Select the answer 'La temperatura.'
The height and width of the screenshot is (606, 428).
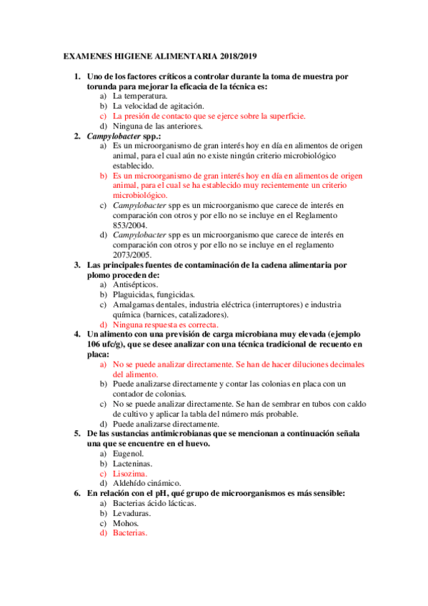pos(140,96)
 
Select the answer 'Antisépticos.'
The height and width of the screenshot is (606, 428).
pos(136,284)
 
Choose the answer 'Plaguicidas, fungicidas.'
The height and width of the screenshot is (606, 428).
pos(154,294)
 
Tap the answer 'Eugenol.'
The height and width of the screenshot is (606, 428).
pos(129,454)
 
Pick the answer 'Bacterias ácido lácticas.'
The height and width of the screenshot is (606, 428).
pos(154,504)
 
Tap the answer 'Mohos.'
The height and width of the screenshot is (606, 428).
pos(127,524)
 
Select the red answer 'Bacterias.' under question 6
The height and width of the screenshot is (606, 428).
pos(130,534)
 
